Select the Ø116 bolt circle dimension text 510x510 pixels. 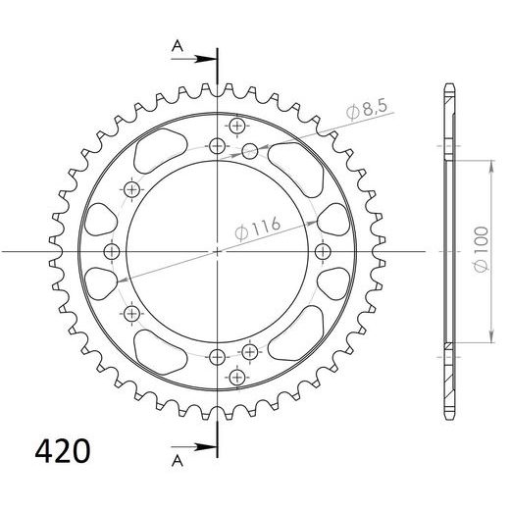pos(259,229)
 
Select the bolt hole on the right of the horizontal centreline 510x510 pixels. pos(322,252)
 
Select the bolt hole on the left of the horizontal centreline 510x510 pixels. pos(110,252)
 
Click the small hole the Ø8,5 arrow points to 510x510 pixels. pos(250,150)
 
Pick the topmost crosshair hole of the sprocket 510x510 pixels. pos(236,126)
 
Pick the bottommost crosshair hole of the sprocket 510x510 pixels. pos(236,377)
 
